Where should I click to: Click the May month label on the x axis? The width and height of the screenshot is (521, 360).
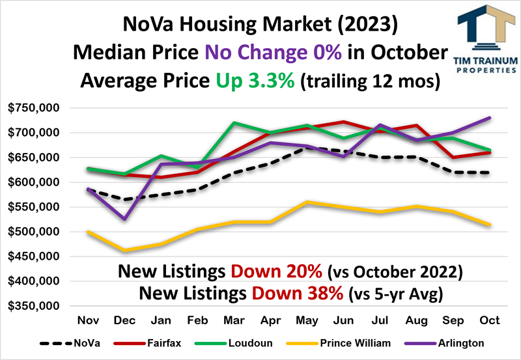pos(307,321)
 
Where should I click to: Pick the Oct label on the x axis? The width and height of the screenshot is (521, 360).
pos(490,321)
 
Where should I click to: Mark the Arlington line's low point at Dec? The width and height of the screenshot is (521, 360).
pos(125,219)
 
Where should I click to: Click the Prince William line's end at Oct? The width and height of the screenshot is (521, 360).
pos(490,225)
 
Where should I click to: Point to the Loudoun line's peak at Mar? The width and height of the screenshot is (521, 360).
pos(234,122)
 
